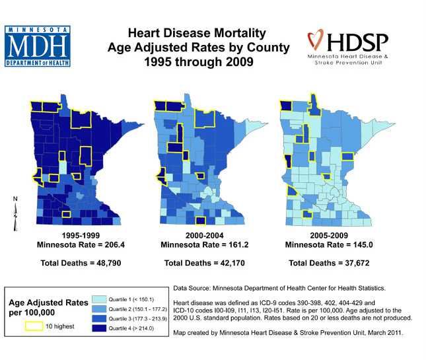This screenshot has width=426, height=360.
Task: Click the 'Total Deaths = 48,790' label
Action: [81, 263]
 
